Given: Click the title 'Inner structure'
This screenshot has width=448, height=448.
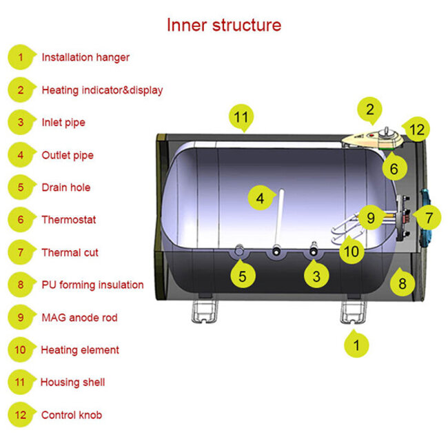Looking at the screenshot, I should [x=224, y=25].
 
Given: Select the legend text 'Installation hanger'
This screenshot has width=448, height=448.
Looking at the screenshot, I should [x=85, y=57].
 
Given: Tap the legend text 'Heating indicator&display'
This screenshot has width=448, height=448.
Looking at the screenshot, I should [x=102, y=90].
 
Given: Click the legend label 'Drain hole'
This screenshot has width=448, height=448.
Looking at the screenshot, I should [x=66, y=187].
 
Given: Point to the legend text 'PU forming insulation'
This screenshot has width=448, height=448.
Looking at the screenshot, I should [x=92, y=285].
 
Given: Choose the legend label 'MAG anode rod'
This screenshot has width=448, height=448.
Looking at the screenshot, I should [x=79, y=318].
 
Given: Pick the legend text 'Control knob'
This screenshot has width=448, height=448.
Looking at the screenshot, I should [x=72, y=415].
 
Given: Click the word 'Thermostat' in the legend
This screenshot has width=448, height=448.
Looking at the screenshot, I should [x=69, y=220].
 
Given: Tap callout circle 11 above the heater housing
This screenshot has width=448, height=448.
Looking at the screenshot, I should [x=240, y=118].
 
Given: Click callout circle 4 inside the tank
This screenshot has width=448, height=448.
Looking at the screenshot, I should [x=260, y=198].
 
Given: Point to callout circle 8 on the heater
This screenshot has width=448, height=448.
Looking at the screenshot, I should [x=403, y=282].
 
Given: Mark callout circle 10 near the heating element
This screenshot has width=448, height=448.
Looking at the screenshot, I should [x=352, y=251].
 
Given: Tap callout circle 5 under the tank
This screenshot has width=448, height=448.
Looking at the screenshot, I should [x=242, y=277].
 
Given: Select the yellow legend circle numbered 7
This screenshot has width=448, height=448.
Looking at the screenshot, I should [x=21, y=252].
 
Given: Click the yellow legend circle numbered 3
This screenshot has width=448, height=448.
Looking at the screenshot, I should [x=21, y=122].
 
